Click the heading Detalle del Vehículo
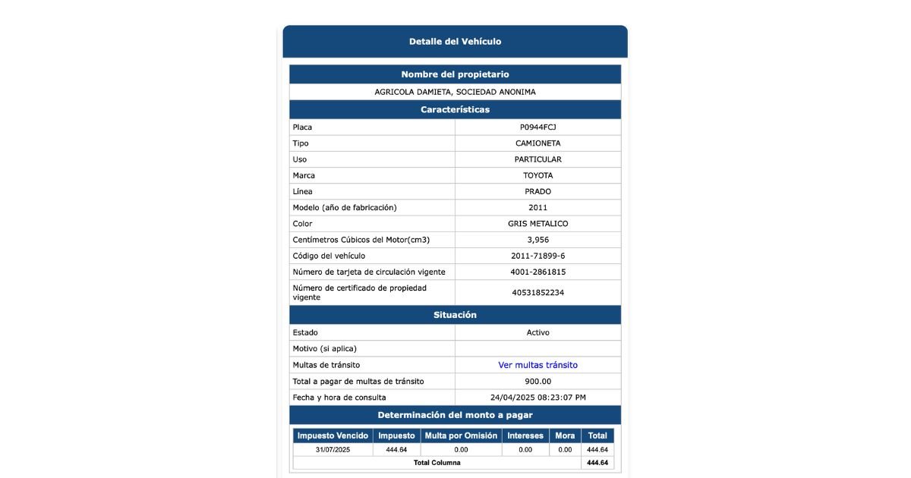point(455,42)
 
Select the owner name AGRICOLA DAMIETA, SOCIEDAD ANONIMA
point(455,92)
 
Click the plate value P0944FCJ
point(537,127)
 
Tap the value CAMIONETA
point(537,143)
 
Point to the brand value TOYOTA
point(537,175)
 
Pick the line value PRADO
point(537,191)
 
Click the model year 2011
point(537,207)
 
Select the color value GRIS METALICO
point(537,224)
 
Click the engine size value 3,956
point(537,240)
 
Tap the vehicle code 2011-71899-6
point(537,256)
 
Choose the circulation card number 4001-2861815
point(537,272)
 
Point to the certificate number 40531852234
point(537,292)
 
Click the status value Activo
point(537,332)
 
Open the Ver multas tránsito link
point(537,365)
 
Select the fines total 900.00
point(537,381)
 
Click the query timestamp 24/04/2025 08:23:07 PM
point(537,398)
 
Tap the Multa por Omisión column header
point(461,436)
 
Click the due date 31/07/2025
point(333,450)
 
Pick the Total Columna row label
point(437,463)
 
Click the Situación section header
point(455,315)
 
